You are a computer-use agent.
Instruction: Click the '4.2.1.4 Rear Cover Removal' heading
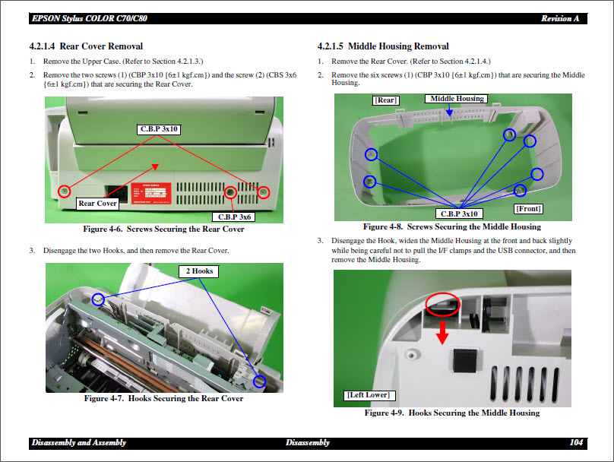click(86, 46)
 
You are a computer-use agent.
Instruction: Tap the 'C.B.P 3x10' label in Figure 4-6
click(159, 129)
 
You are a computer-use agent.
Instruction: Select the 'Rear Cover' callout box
click(98, 203)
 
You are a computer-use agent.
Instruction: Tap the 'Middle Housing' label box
click(457, 99)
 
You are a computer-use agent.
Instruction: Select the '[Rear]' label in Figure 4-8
click(385, 100)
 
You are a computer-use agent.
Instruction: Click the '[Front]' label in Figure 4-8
click(528, 208)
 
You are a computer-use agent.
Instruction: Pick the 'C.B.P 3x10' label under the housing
click(460, 214)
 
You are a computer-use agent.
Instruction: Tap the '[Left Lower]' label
click(368, 395)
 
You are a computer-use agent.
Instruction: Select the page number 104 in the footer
click(575, 442)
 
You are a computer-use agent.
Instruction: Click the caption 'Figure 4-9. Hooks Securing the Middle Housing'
click(451, 413)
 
